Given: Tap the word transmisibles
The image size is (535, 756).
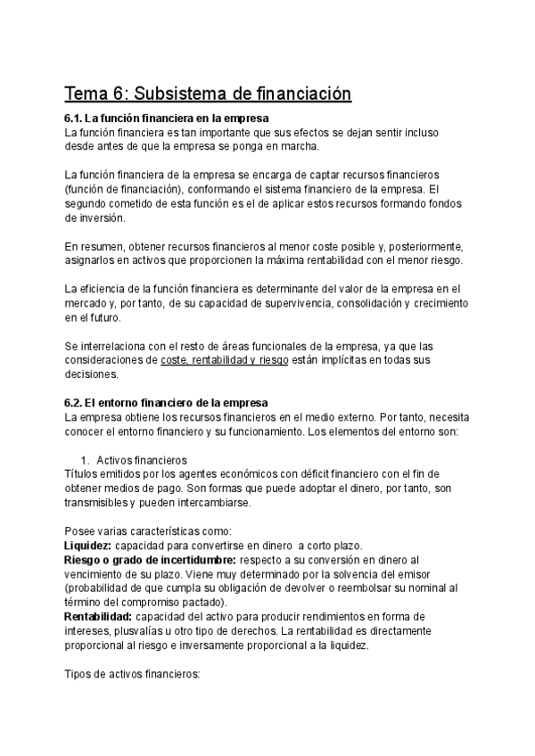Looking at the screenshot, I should click(99, 503).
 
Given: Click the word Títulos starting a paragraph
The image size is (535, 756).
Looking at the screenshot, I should click(82, 474).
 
